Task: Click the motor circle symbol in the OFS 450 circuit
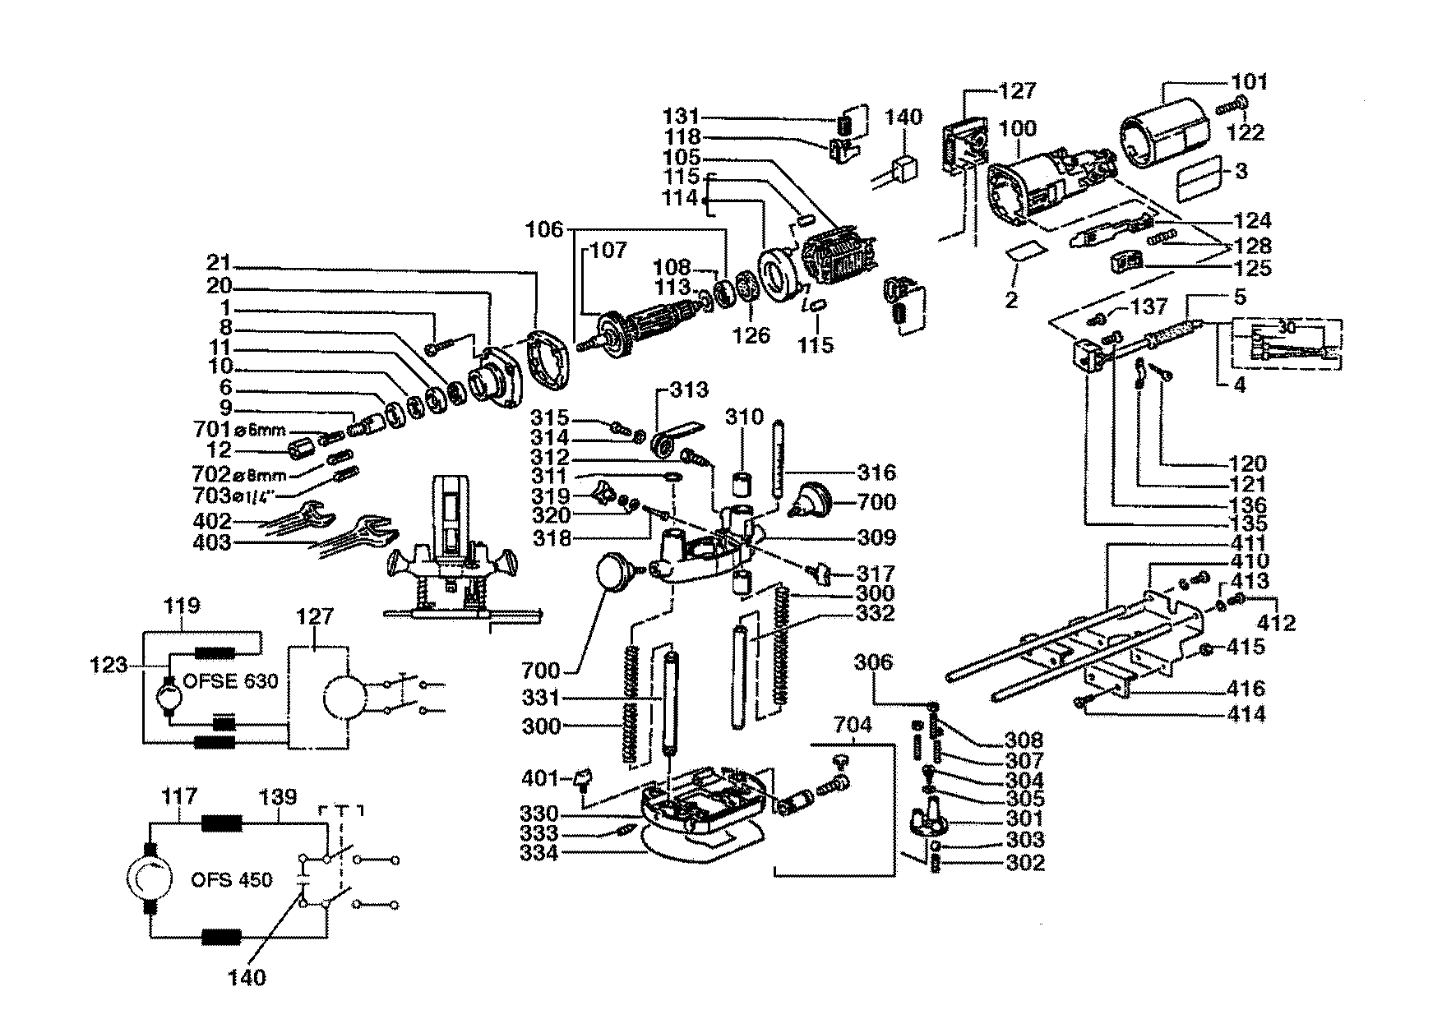pos(150,879)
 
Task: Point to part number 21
pos(218,265)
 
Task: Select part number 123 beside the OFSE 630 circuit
pos(109,663)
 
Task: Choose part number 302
pos(1024,863)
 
